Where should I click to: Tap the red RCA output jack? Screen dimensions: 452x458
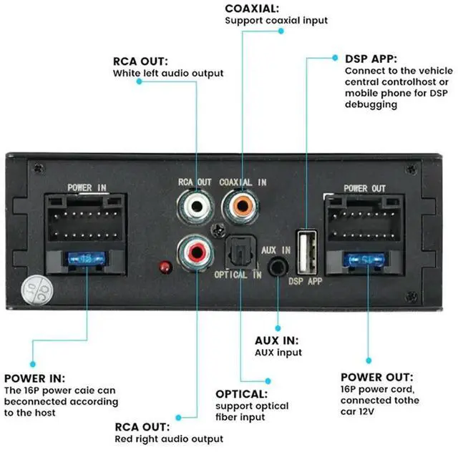(x=195, y=252)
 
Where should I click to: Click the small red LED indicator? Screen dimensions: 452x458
(x=165, y=267)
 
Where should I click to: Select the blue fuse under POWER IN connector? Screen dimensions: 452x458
(x=87, y=259)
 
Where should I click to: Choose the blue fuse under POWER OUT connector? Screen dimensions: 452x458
(x=366, y=259)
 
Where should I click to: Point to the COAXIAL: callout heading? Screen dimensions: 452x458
(x=251, y=9)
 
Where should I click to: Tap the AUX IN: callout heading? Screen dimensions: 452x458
(x=277, y=340)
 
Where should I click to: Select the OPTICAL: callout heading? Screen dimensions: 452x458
(x=241, y=394)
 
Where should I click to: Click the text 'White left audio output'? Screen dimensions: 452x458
(x=168, y=73)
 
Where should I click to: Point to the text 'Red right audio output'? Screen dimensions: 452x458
(x=169, y=438)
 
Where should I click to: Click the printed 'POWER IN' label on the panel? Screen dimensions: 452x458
(x=87, y=187)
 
